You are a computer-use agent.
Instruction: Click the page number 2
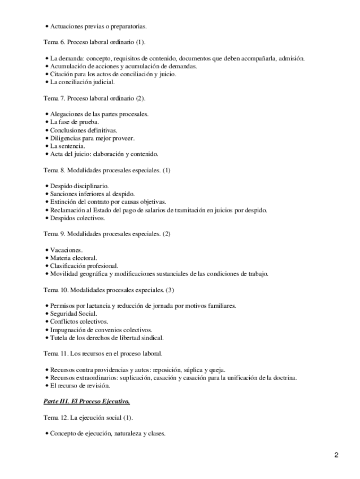(336, 455)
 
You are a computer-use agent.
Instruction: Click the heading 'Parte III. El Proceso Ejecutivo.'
(86, 402)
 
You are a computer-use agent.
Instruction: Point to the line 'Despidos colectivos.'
(77, 218)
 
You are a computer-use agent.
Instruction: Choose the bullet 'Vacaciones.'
(66, 250)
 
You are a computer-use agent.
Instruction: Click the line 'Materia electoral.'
(73, 258)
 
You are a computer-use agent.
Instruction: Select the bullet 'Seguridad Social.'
(73, 313)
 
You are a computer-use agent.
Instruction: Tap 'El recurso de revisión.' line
(80, 386)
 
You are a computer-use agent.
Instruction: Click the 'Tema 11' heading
(103, 354)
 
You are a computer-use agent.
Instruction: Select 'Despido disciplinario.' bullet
(79, 186)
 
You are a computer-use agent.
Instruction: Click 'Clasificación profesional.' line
(84, 265)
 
